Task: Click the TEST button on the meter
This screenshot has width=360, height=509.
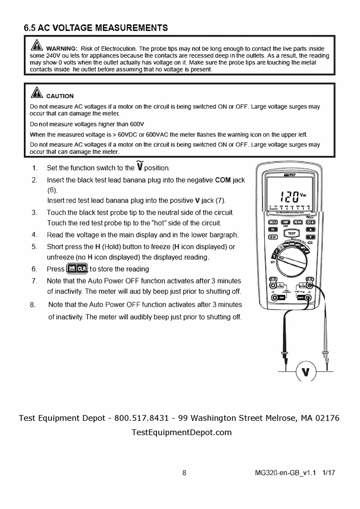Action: tap(291, 233)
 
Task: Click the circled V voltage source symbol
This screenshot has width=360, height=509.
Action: tap(305, 372)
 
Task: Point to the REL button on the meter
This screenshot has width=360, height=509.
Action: tap(272, 230)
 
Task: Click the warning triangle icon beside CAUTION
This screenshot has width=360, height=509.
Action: tap(37, 92)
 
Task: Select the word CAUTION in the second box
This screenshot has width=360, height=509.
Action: tap(60, 96)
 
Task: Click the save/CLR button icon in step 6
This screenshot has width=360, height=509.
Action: tap(77, 269)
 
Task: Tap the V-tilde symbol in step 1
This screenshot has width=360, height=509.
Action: tap(140, 166)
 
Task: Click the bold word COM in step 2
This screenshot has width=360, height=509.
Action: tap(223, 180)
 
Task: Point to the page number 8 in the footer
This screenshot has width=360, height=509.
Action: tap(184, 473)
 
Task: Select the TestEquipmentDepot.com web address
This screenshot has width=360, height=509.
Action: tap(182, 432)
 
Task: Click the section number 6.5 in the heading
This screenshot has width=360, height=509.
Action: tap(30, 28)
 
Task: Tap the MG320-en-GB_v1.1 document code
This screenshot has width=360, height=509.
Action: tap(285, 473)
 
